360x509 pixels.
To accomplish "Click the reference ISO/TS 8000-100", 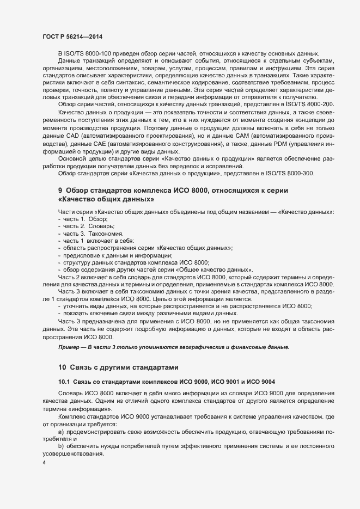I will (89, 53).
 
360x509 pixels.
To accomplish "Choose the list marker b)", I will (62, 446).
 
